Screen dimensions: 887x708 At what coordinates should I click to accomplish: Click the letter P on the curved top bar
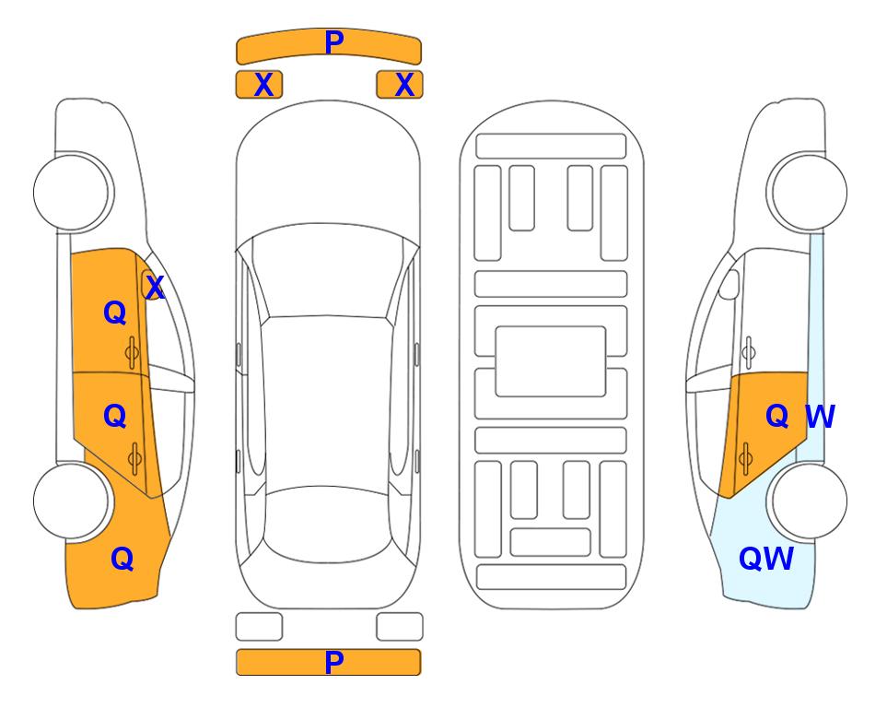(333, 41)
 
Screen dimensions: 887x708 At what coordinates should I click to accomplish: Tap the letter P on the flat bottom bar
(333, 662)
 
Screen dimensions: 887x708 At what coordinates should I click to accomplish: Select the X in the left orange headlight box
(263, 85)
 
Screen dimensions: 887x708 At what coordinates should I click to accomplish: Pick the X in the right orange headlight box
(404, 85)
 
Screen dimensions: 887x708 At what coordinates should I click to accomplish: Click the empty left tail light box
(259, 627)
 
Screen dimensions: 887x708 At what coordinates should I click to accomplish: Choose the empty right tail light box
(400, 627)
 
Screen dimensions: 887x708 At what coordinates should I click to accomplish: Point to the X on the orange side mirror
(155, 288)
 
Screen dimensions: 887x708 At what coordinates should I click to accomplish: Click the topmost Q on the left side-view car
(115, 313)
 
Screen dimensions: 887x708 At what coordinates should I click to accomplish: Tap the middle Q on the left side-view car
(115, 417)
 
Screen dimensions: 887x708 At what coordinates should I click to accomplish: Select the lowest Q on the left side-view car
(123, 559)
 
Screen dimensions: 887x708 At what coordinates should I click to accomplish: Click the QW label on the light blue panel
(766, 559)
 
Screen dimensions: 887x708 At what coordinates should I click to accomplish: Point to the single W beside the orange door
(820, 417)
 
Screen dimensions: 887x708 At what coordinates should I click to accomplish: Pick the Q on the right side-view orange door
(777, 417)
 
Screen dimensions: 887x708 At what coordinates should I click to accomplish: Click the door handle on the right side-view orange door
(745, 458)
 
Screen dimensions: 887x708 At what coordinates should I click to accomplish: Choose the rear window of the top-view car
(328, 524)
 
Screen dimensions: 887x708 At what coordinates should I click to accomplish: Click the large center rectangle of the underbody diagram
(551, 361)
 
